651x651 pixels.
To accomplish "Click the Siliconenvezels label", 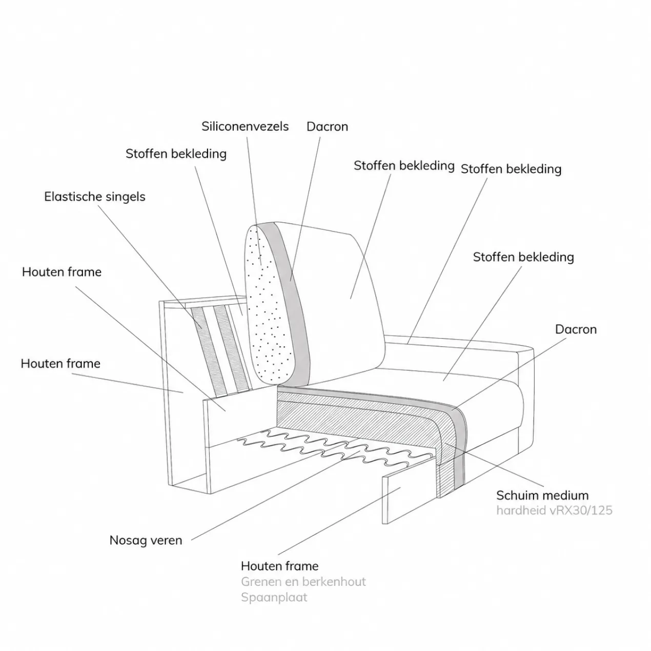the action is coord(245,127).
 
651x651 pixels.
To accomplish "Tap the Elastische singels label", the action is coord(95,197).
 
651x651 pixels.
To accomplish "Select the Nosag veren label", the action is coord(146,540).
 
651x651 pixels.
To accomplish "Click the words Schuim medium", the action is coord(542,495).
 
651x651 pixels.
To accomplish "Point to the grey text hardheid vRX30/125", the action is coord(554,510).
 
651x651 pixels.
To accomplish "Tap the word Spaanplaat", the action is coord(274,597).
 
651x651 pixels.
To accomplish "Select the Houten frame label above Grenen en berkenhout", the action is coord(280,566).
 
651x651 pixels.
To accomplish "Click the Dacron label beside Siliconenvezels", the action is coord(328,127).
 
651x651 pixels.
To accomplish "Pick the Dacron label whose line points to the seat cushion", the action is coord(576,329).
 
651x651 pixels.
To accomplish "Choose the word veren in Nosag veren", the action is coord(166,540).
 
